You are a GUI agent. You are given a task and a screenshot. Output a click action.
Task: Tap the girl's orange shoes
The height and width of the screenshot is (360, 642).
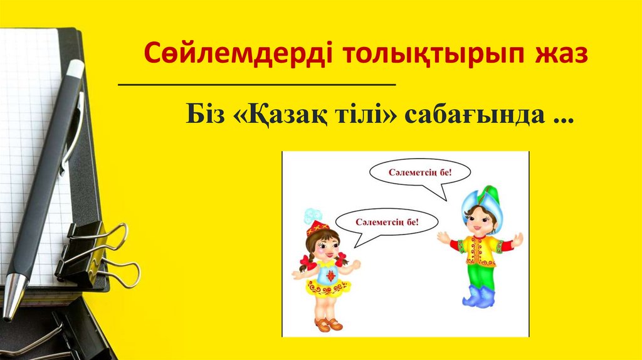point(329,324)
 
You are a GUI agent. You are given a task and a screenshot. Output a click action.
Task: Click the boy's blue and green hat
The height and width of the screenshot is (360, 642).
point(481,198)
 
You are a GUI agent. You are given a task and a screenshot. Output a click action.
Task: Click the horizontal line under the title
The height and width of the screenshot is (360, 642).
point(257,83)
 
